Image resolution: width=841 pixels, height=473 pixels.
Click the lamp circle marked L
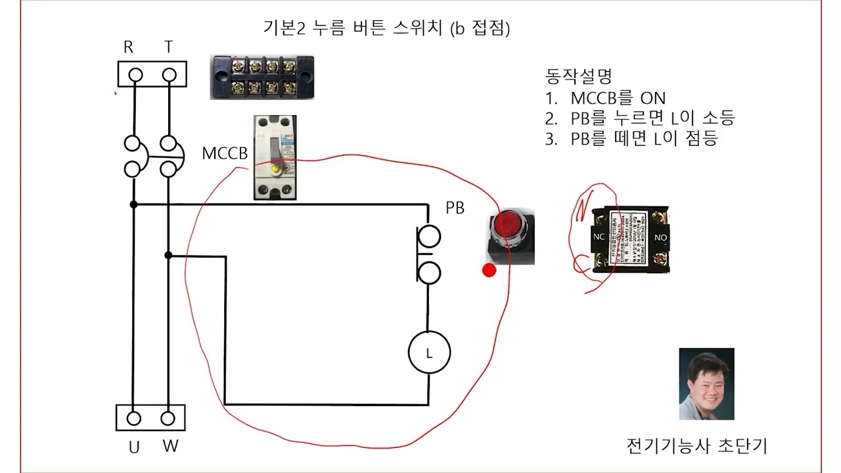[x=429, y=353]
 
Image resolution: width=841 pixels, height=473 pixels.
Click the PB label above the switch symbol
[x=455, y=208]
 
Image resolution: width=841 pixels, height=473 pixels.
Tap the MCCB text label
[x=225, y=154]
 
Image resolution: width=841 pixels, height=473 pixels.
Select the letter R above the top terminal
[x=129, y=47]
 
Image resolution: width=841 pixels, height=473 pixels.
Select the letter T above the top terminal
[x=169, y=47]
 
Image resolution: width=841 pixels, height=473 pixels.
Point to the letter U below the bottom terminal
[x=134, y=447]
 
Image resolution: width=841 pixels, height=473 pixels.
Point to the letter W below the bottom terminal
[x=170, y=446]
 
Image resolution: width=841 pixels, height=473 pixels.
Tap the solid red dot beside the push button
[x=489, y=270]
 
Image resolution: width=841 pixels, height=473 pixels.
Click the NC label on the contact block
[x=599, y=237]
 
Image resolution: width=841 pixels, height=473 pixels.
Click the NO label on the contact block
[x=661, y=237]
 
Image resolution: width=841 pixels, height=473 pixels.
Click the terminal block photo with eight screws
[x=261, y=77]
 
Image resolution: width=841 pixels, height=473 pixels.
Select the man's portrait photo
[x=706, y=384]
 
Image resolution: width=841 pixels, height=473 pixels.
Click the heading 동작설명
[x=578, y=76]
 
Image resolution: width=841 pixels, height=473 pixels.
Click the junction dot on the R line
[x=133, y=204]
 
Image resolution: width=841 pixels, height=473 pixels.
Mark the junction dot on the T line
[x=168, y=255]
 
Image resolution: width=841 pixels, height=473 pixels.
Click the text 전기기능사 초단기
[x=696, y=446]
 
